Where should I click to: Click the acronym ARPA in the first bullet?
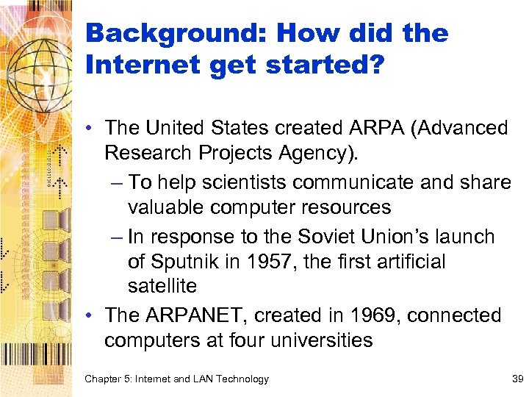[x=370, y=128]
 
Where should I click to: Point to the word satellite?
[x=162, y=285]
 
